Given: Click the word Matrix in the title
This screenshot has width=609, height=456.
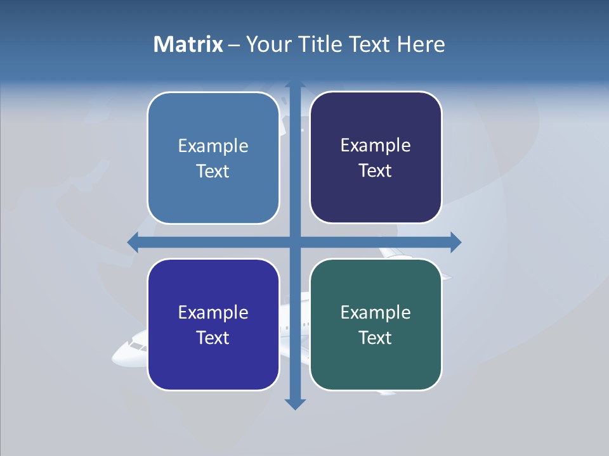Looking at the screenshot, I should pyautogui.click(x=188, y=44).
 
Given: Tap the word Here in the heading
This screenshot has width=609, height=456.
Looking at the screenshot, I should pyautogui.click(x=421, y=44).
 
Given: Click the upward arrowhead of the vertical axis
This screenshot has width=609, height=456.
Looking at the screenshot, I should pyautogui.click(x=294, y=85).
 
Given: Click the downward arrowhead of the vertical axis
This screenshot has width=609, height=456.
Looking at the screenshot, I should pyautogui.click(x=294, y=404).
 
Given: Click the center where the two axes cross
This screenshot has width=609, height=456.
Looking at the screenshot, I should pyautogui.click(x=294, y=242).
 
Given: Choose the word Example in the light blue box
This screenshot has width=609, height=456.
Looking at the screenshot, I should pyautogui.click(x=213, y=146).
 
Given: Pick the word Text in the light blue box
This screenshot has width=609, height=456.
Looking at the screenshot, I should pyautogui.click(x=213, y=171).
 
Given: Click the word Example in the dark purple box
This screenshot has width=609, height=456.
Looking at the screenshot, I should pyautogui.click(x=376, y=145).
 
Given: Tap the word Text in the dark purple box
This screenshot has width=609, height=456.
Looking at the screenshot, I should pyautogui.click(x=376, y=170).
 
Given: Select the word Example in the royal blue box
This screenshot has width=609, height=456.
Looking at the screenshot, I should pyautogui.click(x=213, y=312).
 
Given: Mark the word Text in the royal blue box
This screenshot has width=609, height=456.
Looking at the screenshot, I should pyautogui.click(x=213, y=338).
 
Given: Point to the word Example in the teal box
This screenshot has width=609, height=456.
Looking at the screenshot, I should pyautogui.click(x=376, y=312).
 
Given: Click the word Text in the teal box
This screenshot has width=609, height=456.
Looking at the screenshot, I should pyautogui.click(x=376, y=338).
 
